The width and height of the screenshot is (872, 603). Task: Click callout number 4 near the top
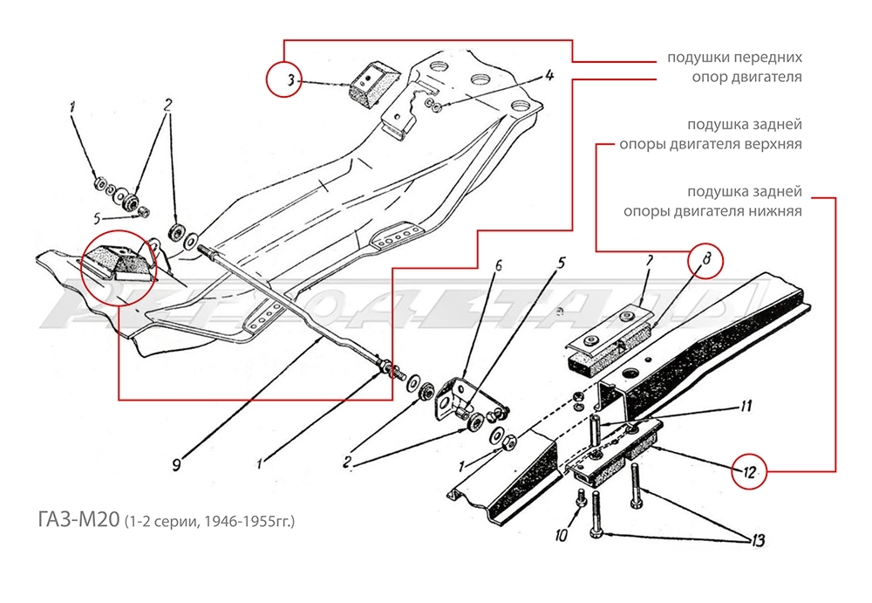(x=550, y=76)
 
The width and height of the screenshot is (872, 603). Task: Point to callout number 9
(x=176, y=465)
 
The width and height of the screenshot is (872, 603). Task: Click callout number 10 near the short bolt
(x=561, y=532)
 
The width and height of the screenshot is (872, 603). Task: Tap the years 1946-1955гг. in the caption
(x=249, y=523)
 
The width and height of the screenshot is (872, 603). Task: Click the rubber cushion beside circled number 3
(x=369, y=84)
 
